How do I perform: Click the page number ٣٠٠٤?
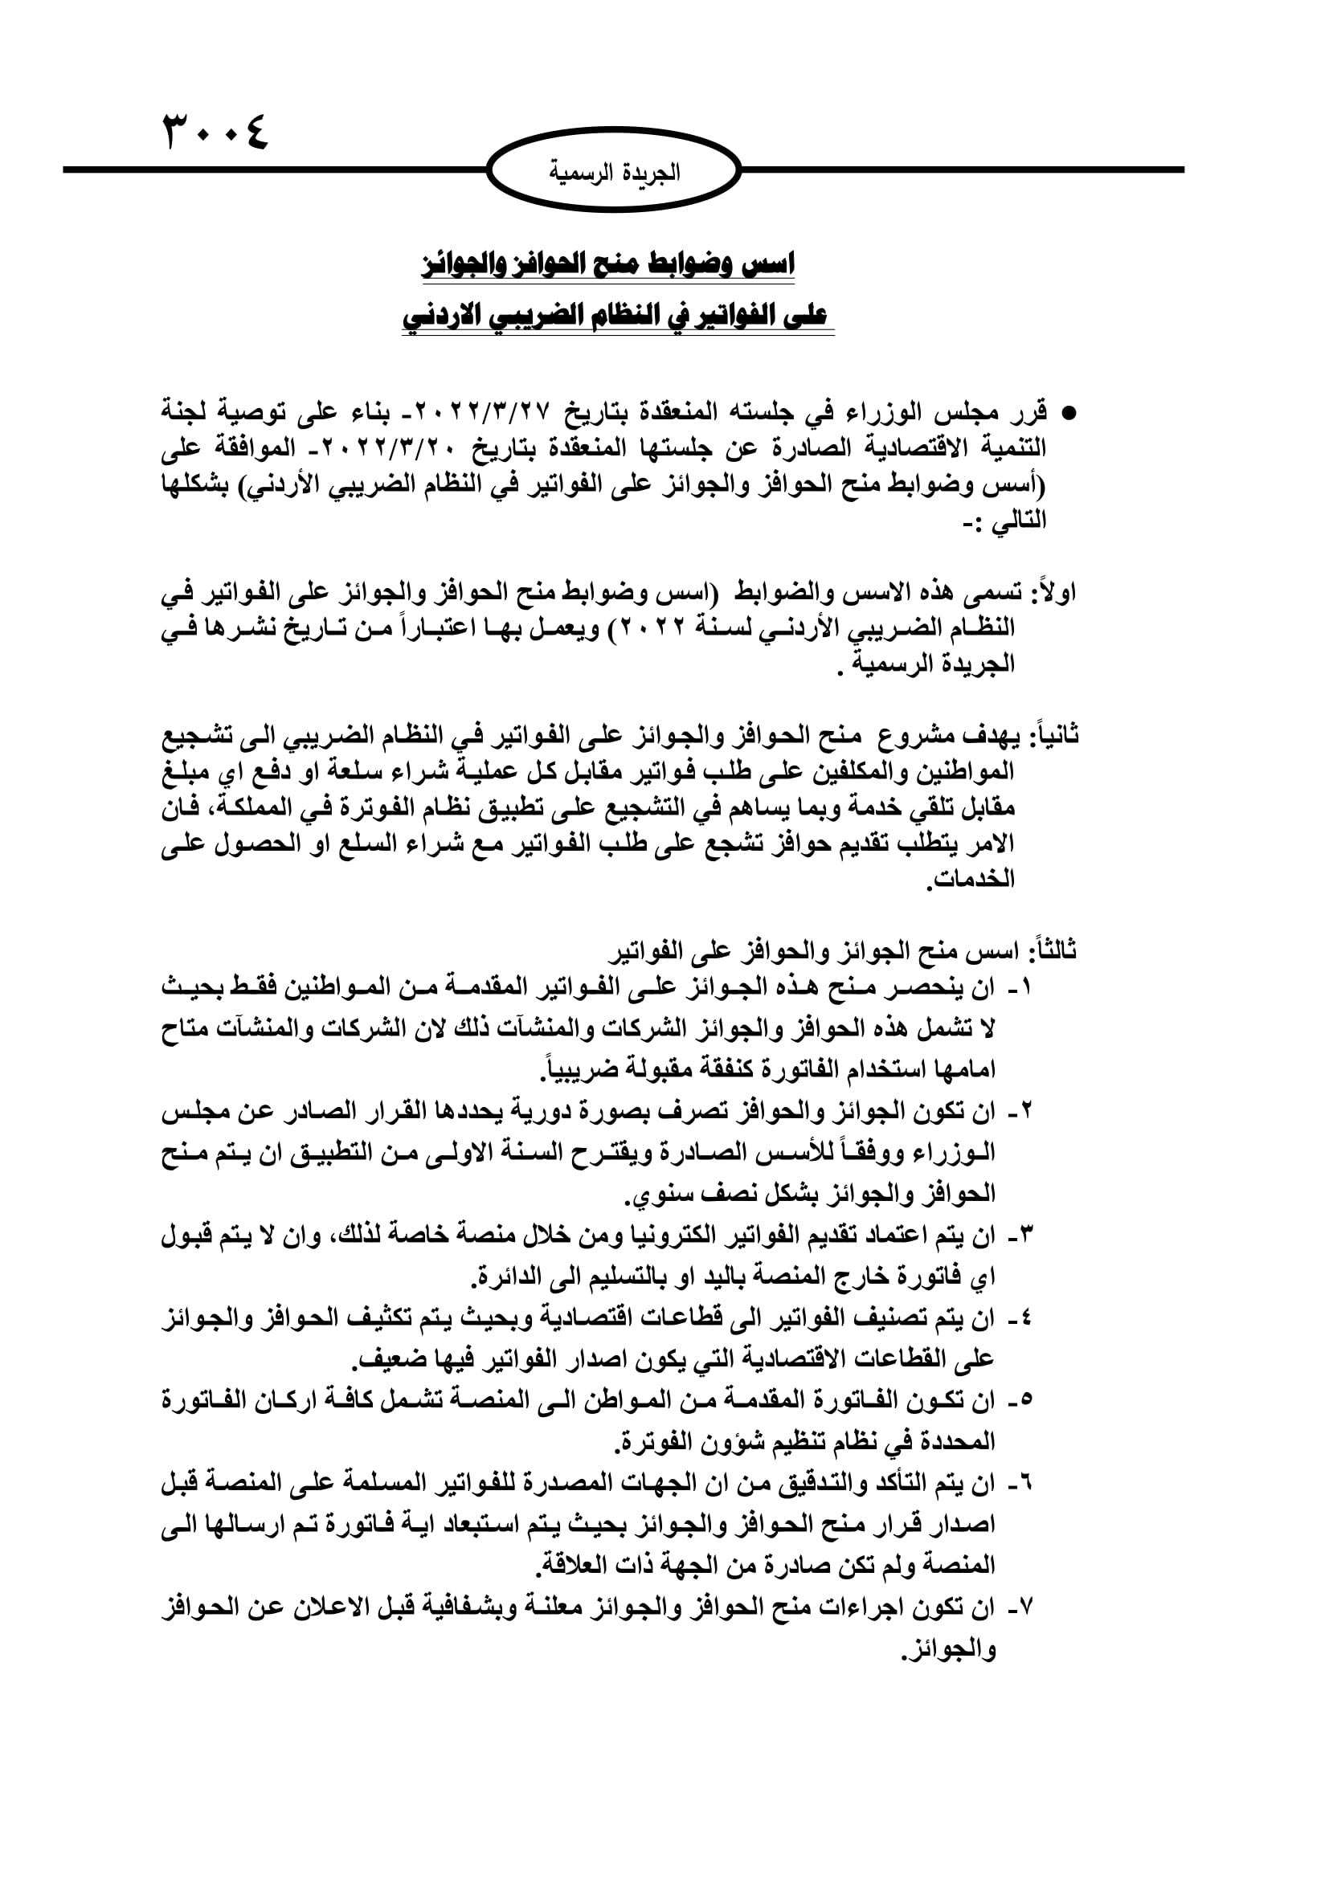(217, 131)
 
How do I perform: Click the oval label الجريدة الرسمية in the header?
(614, 172)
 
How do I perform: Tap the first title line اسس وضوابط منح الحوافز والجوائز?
(607, 264)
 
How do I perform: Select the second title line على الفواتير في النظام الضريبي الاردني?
(615, 315)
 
